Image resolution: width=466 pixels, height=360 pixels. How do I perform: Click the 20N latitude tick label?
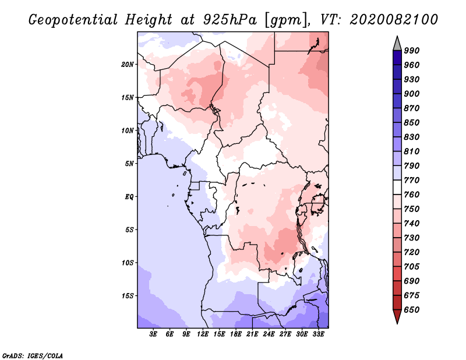coord(128,65)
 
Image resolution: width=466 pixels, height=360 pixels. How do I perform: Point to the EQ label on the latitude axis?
coord(129,197)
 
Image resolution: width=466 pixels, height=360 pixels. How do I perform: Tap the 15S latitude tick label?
coord(128,296)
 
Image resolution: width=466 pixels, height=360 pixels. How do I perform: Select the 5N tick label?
coord(129,164)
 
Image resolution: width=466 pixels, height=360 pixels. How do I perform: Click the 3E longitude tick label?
coord(153,334)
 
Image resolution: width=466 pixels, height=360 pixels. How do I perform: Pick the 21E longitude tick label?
coord(252,334)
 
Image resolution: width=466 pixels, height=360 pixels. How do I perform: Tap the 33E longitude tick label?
coord(318,334)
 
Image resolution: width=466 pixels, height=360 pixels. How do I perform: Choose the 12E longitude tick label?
coord(203,334)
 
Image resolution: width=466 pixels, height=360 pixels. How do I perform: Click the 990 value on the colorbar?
coord(412,51)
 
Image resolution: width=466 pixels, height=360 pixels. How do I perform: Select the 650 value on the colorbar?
coord(412,310)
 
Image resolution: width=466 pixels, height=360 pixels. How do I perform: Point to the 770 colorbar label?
coord(412,180)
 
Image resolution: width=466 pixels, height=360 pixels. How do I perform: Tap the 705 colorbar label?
coord(412,267)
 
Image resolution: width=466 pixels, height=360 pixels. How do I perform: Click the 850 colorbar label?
coord(412,122)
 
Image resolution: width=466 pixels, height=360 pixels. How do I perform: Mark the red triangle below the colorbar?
coord(397,316)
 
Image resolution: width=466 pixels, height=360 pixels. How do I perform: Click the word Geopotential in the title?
coord(73,20)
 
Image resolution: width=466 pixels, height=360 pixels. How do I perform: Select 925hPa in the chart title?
coord(230,20)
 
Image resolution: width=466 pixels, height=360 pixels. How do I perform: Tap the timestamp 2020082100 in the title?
coord(394,20)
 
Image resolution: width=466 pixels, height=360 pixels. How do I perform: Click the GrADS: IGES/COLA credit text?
coord(33,356)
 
